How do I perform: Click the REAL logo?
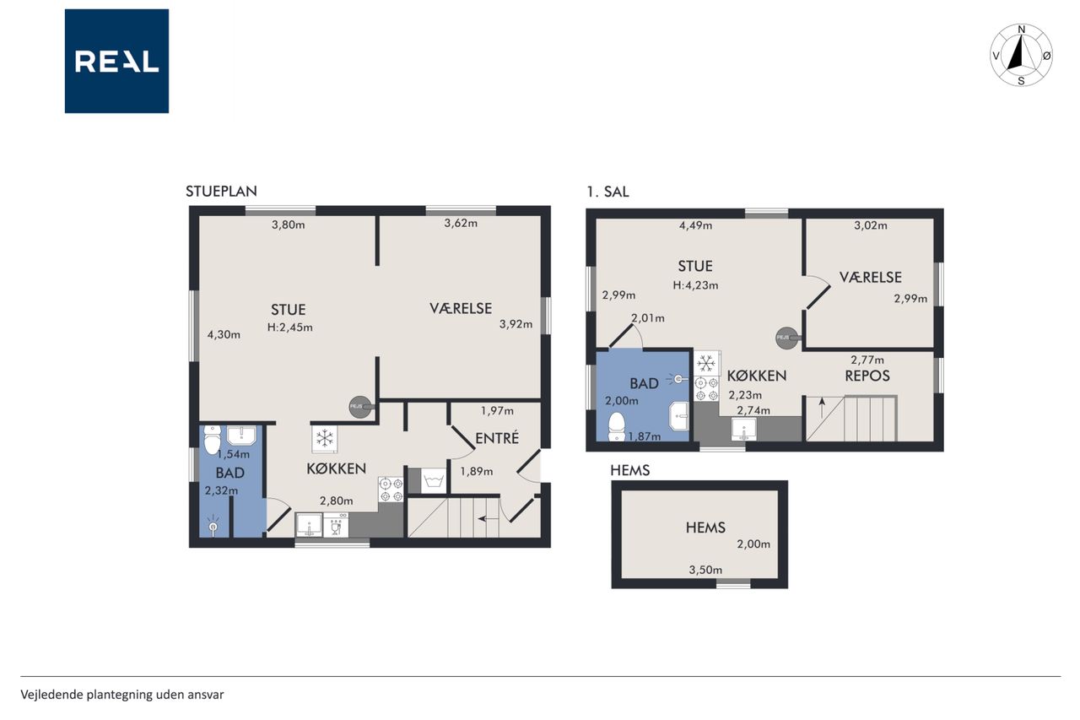(116, 62)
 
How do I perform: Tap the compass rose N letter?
(1021, 30)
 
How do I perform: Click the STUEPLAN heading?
(221, 192)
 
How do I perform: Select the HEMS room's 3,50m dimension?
(705, 570)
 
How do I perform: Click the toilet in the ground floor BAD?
(212, 439)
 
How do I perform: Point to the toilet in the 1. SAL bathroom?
(617, 427)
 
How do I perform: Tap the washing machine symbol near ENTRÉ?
(434, 480)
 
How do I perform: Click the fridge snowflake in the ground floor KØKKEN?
(325, 439)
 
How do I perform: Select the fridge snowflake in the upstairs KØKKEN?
(706, 363)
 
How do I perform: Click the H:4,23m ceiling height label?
(695, 285)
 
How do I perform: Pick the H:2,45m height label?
(289, 328)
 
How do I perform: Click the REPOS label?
(867, 376)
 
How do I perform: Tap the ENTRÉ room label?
(497, 438)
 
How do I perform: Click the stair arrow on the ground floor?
(488, 519)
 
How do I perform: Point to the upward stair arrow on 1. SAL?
(822, 408)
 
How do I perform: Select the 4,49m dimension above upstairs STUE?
(695, 225)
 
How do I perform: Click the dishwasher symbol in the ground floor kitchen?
(336, 525)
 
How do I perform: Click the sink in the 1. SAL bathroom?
(679, 415)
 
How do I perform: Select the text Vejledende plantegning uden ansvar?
(122, 695)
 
